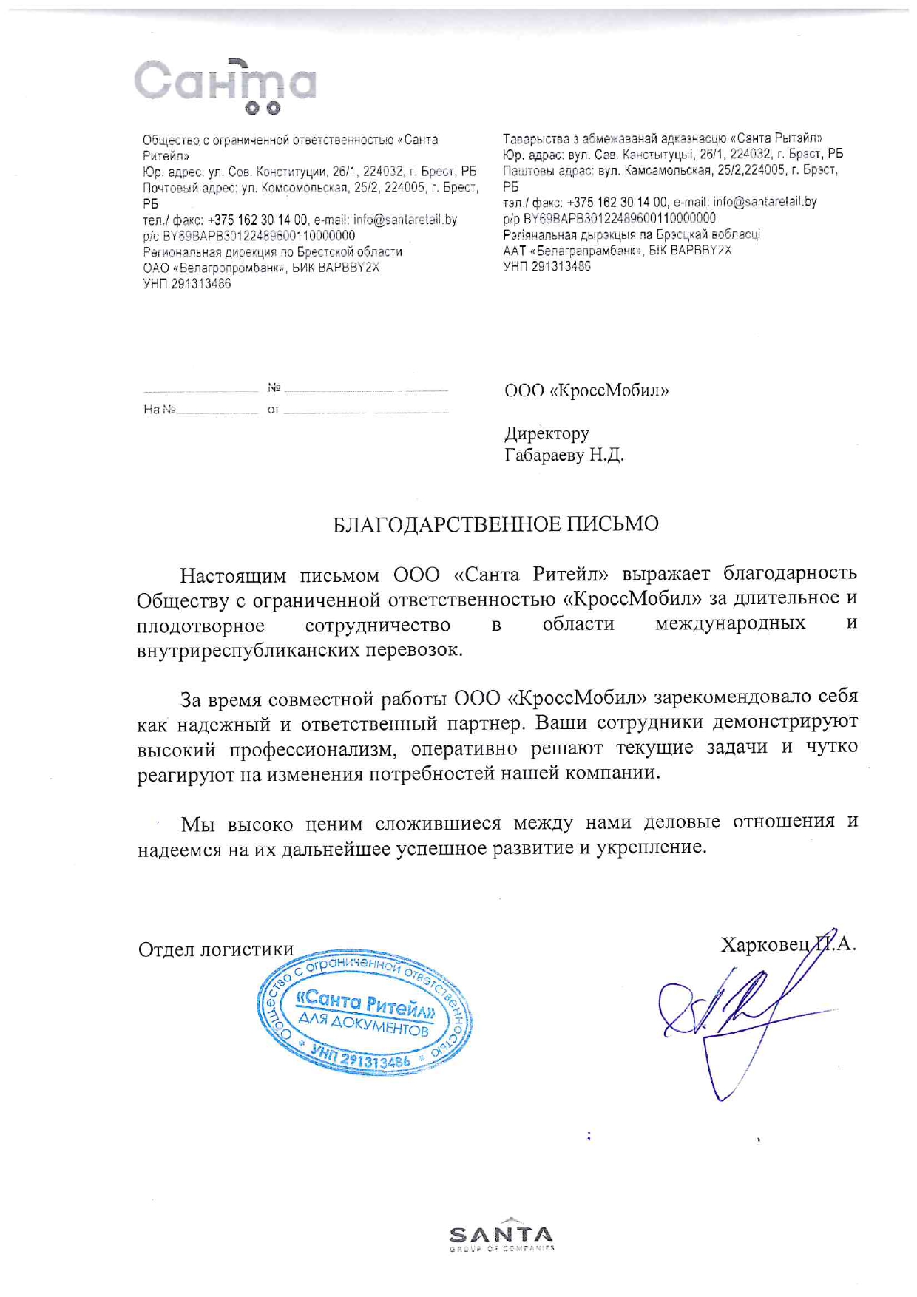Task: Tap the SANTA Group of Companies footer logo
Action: point(501,1236)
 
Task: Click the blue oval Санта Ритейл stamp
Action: point(365,1012)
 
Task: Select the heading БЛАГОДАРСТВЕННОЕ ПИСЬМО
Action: point(495,524)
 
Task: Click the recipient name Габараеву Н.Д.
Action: point(564,455)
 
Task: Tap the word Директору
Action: point(547,433)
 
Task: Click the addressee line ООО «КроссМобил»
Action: point(586,390)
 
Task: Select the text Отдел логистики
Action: point(215,949)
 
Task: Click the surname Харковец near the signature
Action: point(765,944)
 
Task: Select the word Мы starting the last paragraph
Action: point(197,824)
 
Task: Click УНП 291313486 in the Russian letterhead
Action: point(186,283)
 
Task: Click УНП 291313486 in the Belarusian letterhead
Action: point(547,266)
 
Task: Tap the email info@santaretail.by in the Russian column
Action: point(405,220)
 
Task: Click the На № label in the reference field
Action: point(159,409)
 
